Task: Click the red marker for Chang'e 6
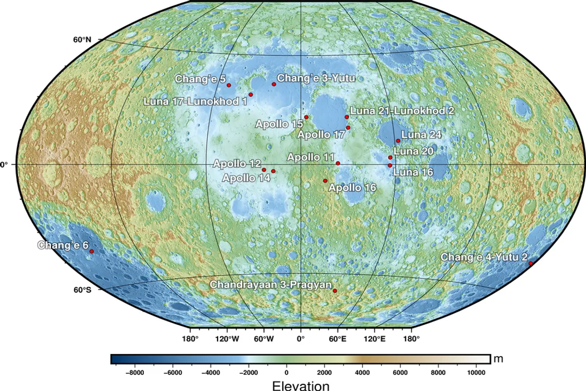coord(91,251)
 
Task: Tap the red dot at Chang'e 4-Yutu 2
coord(531,263)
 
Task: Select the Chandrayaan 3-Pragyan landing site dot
coord(335,291)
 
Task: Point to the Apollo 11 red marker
coord(338,163)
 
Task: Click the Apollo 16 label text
coord(353,188)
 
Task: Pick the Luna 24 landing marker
coord(398,141)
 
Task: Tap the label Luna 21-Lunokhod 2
coord(402,110)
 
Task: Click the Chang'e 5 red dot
coord(228,85)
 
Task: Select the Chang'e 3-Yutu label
coord(316,79)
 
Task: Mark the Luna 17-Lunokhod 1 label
coord(195,101)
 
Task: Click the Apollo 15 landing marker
coord(306,117)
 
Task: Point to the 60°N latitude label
coord(82,40)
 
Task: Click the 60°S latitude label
coord(82,289)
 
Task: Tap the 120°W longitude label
coord(227,339)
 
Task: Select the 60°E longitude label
coord(337,339)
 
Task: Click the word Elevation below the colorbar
coord(301,386)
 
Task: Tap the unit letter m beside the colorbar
coord(498,359)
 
